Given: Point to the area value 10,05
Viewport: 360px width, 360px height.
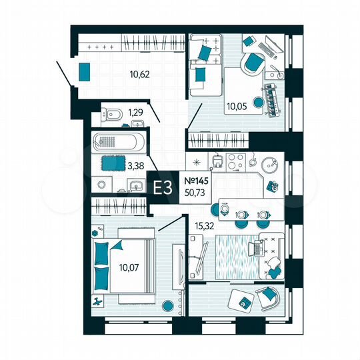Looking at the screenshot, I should pos(237,105).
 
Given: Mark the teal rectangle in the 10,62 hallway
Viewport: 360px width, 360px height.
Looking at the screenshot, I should pos(85,71).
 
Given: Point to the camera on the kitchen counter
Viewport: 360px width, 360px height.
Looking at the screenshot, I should pos(271,186).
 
